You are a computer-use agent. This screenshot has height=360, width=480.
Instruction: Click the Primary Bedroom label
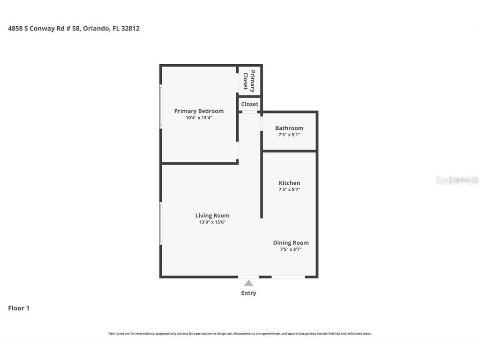199,111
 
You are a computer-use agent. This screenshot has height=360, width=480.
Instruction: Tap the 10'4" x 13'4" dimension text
199,118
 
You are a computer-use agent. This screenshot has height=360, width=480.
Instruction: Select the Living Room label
212,216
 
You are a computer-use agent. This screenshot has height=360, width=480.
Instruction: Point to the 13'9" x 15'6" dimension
212,222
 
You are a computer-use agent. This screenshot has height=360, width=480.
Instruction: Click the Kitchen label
289,183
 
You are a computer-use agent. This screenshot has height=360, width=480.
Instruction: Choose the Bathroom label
289,128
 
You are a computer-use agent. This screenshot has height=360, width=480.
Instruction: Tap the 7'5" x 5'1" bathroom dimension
289,135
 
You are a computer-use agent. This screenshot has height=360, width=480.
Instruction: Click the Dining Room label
291,243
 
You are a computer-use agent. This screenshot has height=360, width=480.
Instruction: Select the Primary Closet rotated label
249,81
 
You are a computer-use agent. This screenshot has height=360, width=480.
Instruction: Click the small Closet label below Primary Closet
250,104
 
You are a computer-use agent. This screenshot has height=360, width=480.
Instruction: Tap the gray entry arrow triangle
248,283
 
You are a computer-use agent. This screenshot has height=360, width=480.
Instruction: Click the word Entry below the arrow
248,293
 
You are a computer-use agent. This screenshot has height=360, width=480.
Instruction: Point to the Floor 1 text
19,308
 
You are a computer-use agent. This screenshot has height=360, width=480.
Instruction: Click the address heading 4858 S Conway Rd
74,29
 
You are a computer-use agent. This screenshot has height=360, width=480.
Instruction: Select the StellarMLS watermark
457,180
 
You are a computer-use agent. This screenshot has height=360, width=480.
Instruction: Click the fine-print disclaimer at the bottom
240,334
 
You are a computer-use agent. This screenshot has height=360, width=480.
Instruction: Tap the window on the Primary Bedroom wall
160,106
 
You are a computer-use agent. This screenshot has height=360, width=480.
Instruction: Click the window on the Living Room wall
160,223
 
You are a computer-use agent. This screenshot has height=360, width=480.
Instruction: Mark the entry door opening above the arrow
248,277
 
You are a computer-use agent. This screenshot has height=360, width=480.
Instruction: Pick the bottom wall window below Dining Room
288,277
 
